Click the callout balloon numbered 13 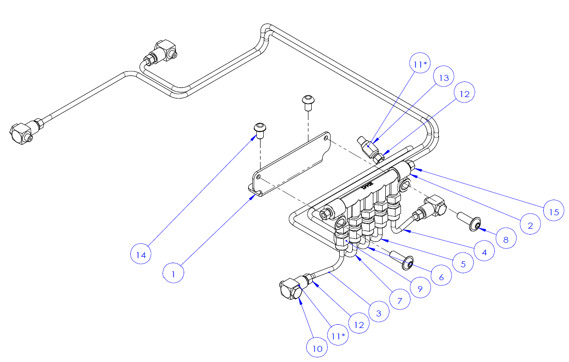tap(443, 78)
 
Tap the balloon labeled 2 tap(530, 225)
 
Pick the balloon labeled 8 tap(506, 239)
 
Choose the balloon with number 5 tap(463, 264)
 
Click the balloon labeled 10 tap(317, 348)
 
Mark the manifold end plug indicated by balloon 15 tap(411, 167)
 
